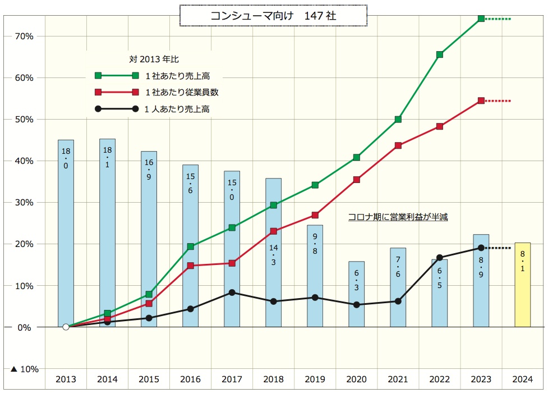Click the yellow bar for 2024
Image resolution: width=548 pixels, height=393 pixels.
pyautogui.click(x=522, y=285)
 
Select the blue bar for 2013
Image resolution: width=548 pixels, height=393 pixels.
pyautogui.click(x=66, y=233)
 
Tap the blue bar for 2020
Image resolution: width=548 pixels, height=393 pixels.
pyautogui.click(x=356, y=294)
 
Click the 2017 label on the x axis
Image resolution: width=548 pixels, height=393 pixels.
pyautogui.click(x=232, y=379)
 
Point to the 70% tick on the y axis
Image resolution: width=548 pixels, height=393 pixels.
pyautogui.click(x=25, y=36)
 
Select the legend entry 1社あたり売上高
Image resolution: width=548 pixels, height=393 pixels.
pyautogui.click(x=177, y=76)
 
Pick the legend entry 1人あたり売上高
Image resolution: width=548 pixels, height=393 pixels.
pyautogui.click(x=177, y=109)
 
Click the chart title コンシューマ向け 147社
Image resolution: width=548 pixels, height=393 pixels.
pyautogui.click(x=273, y=16)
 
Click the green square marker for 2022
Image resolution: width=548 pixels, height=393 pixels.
pyautogui.click(x=439, y=54)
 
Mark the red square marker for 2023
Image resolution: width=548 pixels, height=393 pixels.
pyautogui.click(x=481, y=101)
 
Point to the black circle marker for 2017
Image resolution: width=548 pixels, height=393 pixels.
pyautogui.click(x=232, y=293)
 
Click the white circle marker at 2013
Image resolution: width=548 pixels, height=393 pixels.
pyautogui.click(x=66, y=327)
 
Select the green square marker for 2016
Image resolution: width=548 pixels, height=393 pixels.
pyautogui.click(x=190, y=246)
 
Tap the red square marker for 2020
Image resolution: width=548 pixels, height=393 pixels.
pyautogui.click(x=356, y=180)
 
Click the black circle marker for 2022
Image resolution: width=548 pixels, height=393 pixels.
pyautogui.click(x=439, y=258)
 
